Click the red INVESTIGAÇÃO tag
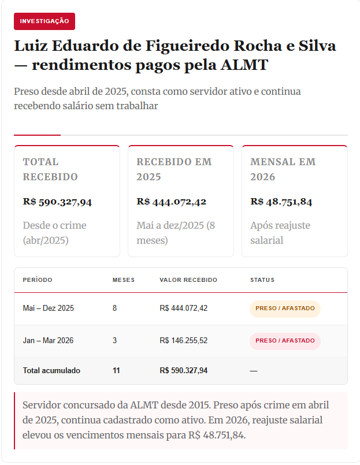[44, 21]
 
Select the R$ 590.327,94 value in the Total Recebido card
[57, 202]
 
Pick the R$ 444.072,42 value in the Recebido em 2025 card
[171, 202]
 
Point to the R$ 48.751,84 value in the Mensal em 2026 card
[281, 202]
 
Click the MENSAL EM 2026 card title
[283, 169]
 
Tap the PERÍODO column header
[38, 280]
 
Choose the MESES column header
[123, 280]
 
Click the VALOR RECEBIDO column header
[188, 280]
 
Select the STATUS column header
[262, 280]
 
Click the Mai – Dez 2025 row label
[49, 308]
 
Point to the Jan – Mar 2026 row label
[48, 341]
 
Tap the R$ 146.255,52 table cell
[183, 341]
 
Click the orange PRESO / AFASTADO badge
[285, 308]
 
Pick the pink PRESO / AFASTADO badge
[285, 341]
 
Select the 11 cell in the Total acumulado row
[116, 370]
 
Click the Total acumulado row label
[51, 370]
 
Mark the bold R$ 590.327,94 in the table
[183, 370]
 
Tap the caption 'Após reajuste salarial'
[280, 233]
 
